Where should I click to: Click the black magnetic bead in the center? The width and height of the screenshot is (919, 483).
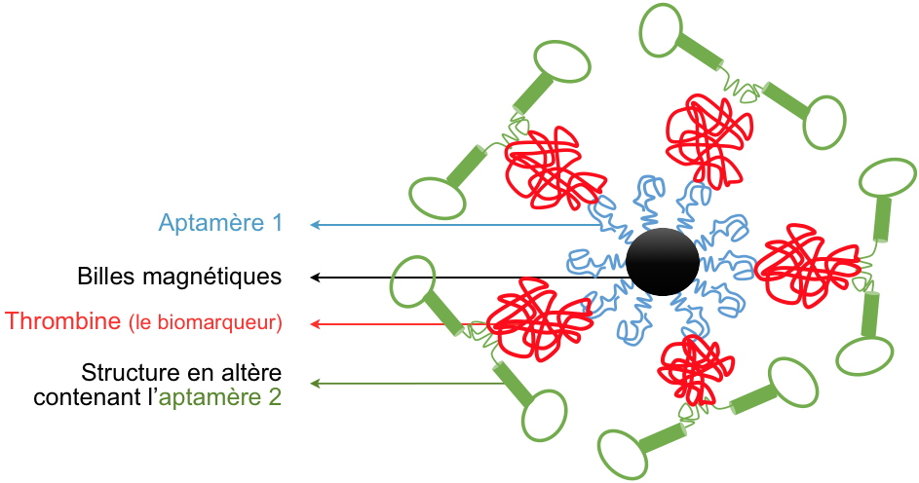click(x=662, y=261)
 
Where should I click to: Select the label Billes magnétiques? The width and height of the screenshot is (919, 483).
click(x=179, y=277)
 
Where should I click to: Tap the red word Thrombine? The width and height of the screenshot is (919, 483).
click(x=63, y=321)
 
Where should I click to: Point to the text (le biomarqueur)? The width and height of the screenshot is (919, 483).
click(x=206, y=322)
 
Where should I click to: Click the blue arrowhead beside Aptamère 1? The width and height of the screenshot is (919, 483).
click(x=316, y=225)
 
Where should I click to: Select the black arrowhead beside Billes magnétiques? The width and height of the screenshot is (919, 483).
click(x=316, y=278)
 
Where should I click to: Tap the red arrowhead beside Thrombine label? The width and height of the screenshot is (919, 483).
click(x=316, y=322)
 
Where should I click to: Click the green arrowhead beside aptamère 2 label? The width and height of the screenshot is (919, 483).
click(x=316, y=384)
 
